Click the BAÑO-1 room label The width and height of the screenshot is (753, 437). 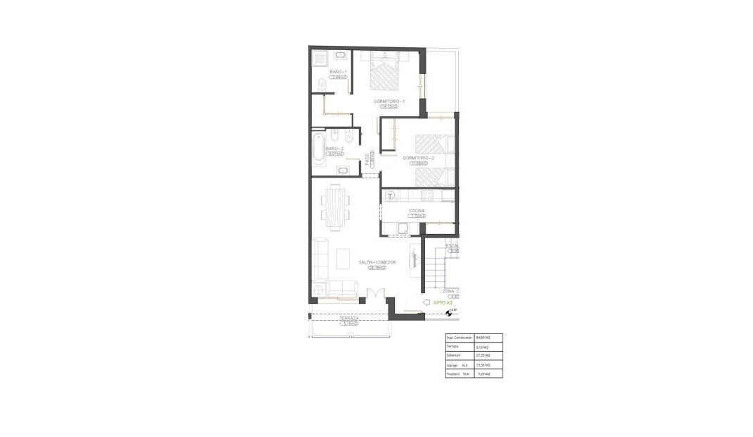338,73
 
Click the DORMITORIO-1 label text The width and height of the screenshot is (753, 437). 388,101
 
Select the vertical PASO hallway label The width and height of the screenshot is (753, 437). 367,161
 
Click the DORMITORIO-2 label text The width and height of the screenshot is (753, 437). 419,158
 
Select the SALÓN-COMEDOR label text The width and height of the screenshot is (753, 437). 377,262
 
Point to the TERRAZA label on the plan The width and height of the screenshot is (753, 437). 349,319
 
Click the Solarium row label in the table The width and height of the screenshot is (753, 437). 453,356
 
